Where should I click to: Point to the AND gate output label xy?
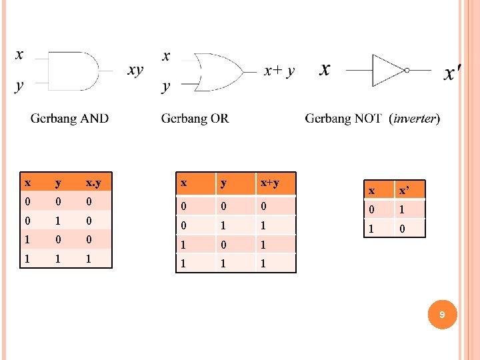point(135,70)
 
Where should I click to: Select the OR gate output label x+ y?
point(279,70)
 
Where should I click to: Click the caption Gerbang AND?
point(69,119)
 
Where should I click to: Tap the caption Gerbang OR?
point(195,119)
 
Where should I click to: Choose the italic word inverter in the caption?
point(415,119)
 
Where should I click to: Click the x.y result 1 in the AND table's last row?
point(89,257)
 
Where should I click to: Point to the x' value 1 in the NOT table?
point(402,209)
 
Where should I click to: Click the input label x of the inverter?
point(325,69)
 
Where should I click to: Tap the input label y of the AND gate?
point(19,86)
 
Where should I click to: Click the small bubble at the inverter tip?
point(406,70)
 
